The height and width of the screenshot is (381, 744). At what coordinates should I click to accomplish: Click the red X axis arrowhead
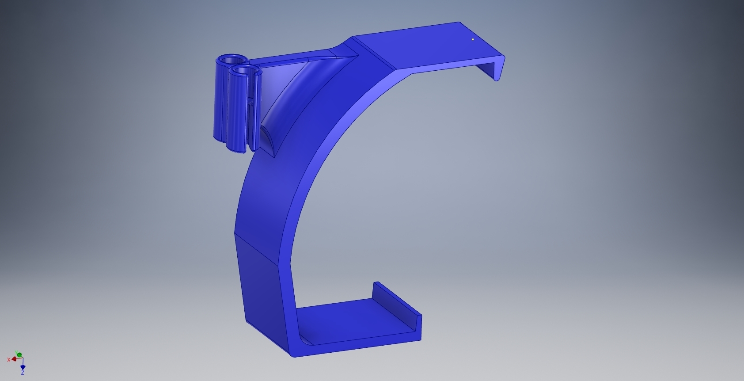(x=14, y=359)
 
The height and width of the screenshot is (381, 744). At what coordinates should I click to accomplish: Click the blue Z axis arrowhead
(x=23, y=367)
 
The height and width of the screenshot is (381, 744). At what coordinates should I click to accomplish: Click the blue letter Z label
(x=23, y=373)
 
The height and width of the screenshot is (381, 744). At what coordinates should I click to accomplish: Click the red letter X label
(x=9, y=360)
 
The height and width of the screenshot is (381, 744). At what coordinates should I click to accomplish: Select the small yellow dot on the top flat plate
(x=473, y=39)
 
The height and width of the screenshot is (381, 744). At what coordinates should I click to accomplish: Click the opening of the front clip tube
(x=244, y=70)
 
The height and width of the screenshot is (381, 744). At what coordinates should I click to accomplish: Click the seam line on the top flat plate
(x=376, y=54)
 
